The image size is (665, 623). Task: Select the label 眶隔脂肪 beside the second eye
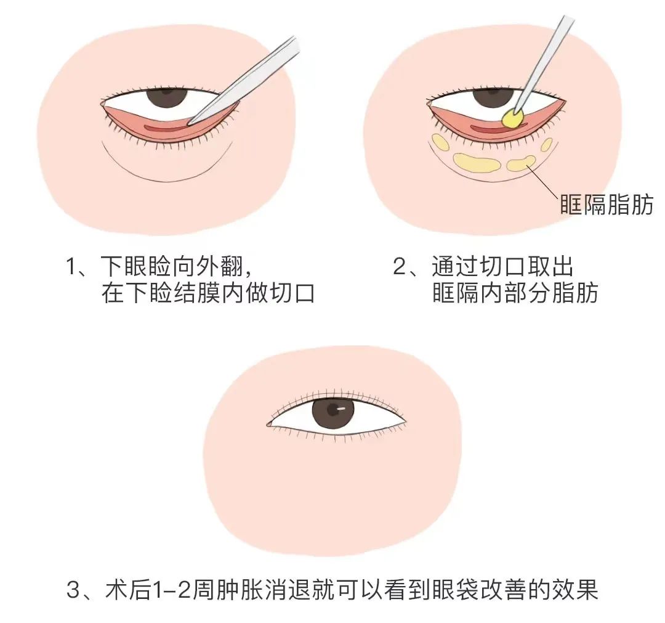coord(606,203)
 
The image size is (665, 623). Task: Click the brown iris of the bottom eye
coord(333,414)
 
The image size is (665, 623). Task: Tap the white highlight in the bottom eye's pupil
coord(339,409)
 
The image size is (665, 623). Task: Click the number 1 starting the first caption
coord(71,267)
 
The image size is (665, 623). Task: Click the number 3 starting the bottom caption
coord(74,590)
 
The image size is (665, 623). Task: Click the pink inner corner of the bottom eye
coord(271,423)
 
